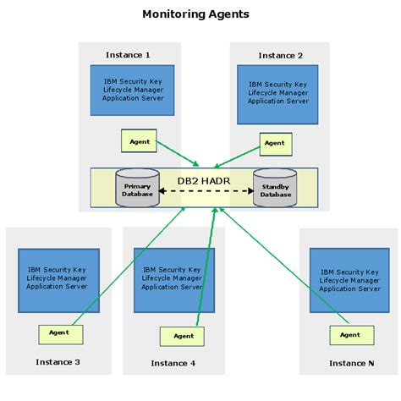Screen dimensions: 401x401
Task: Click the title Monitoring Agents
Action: (x=195, y=14)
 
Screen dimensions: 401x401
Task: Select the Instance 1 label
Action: (x=128, y=55)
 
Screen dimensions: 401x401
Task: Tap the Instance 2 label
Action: (x=280, y=56)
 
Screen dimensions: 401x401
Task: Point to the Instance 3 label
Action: (x=58, y=362)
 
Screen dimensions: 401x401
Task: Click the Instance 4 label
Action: (x=173, y=363)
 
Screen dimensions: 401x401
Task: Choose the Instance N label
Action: (x=351, y=363)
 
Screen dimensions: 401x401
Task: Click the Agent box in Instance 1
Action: (x=140, y=141)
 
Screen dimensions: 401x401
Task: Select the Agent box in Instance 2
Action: (x=275, y=144)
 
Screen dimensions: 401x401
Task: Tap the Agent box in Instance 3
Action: (x=60, y=334)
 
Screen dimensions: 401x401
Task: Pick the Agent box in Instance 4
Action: (x=182, y=336)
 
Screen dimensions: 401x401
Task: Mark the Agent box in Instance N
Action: (x=351, y=334)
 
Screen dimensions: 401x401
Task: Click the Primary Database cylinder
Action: (x=136, y=190)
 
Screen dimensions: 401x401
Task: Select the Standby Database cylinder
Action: (x=274, y=190)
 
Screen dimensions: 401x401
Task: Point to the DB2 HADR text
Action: (x=204, y=179)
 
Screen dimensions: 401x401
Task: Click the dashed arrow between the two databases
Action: (x=206, y=191)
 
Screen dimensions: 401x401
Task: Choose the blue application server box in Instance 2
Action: (x=278, y=94)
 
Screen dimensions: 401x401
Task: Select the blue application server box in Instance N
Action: (x=349, y=278)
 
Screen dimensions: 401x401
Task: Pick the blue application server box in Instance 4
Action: (x=174, y=280)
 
